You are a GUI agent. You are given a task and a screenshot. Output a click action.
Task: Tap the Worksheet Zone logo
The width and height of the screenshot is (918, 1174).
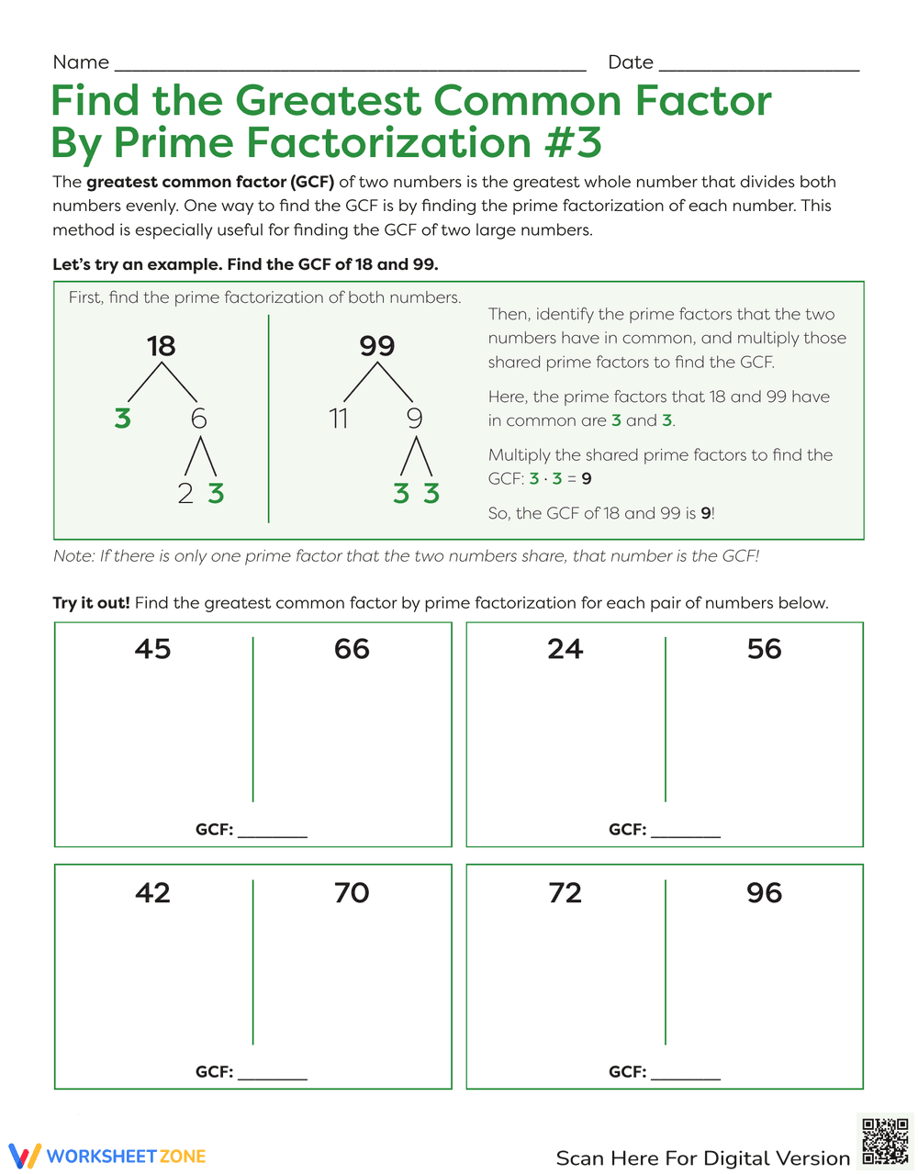(x=106, y=1156)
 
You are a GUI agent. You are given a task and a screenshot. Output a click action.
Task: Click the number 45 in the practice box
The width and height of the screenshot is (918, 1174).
(x=152, y=649)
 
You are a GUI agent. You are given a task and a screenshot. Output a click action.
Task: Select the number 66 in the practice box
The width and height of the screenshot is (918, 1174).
(x=352, y=649)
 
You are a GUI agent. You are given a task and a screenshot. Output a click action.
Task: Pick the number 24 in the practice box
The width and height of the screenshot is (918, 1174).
(x=565, y=649)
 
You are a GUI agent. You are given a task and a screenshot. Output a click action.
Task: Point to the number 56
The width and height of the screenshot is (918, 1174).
(x=764, y=649)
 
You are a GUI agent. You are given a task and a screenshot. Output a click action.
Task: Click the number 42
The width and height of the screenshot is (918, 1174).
(x=152, y=892)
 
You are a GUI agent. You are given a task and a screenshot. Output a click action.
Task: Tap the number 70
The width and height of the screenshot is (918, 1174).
(x=352, y=892)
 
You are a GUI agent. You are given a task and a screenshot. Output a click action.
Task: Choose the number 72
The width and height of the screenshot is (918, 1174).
(x=565, y=892)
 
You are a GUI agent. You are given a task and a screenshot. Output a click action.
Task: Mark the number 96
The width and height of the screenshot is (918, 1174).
(x=764, y=892)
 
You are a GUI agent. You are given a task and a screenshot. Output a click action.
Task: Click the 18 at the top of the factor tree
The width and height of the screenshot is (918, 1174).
(x=161, y=346)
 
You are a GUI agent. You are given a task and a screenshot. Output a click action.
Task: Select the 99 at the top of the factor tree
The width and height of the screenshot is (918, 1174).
(x=376, y=346)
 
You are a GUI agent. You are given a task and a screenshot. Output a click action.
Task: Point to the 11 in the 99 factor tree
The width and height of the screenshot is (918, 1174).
(x=338, y=419)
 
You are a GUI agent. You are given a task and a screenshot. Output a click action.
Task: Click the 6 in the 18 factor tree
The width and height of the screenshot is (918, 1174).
(x=199, y=419)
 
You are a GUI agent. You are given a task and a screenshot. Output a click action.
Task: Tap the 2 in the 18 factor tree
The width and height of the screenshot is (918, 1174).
(x=185, y=494)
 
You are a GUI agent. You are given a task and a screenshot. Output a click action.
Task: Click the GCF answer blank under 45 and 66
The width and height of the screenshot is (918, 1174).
(x=272, y=830)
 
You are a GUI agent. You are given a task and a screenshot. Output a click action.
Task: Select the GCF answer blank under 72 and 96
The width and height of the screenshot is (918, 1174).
(x=685, y=1072)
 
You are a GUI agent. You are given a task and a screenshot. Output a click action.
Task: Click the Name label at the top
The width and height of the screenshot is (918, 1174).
(x=81, y=62)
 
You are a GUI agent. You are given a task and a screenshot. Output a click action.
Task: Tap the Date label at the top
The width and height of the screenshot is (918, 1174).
(x=631, y=62)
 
